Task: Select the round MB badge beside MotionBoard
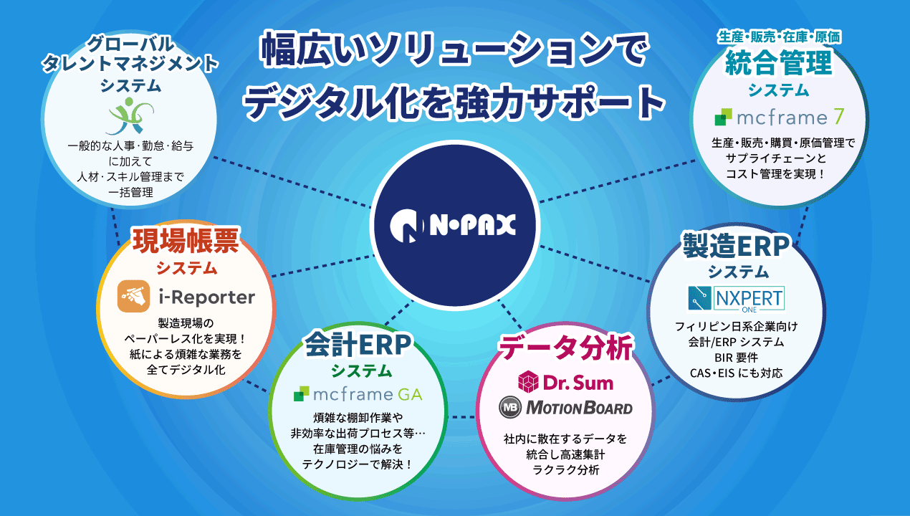pyautogui.click(x=511, y=408)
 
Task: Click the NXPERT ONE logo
pyautogui.click(x=736, y=299)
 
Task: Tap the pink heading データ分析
pyautogui.click(x=565, y=348)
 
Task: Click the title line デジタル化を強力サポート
pyautogui.click(x=454, y=102)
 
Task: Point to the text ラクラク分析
pyautogui.click(x=565, y=470)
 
